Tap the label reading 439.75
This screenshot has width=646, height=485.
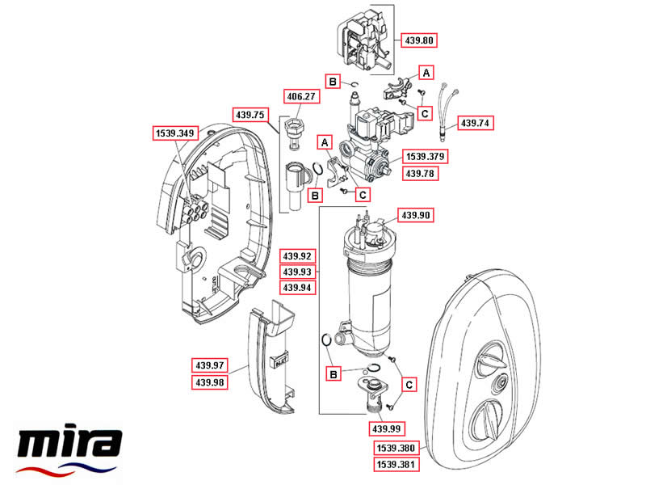250,115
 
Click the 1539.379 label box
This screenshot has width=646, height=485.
426,156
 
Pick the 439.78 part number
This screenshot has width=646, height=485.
421,172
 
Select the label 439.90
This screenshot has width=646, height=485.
417,215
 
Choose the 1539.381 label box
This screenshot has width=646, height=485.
396,464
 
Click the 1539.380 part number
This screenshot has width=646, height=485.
396,448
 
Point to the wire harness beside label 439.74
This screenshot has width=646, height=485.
447,109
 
